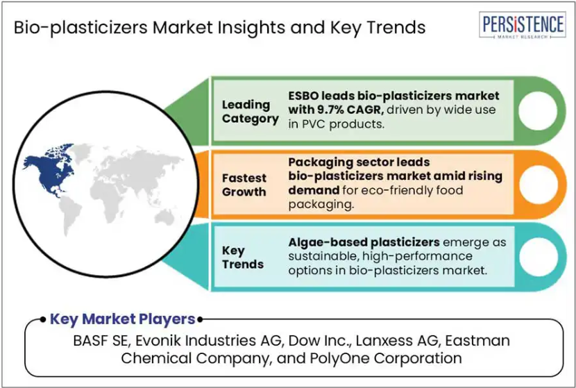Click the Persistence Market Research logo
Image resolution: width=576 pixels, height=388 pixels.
tap(523, 24)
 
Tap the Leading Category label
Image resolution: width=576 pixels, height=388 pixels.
tap(250, 112)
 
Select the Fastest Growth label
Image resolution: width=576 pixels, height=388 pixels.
tap(244, 185)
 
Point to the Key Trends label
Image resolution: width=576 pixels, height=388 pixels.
tap(243, 258)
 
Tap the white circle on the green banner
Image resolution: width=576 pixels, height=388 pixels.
tap(537, 110)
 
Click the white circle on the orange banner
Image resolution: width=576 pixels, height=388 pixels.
tap(538, 185)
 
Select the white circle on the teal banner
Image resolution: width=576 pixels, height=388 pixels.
tap(539, 258)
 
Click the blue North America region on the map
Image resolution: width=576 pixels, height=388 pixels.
tap(49, 169)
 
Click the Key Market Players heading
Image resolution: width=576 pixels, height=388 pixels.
tap(122, 319)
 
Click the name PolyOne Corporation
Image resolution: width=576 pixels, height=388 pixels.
tap(386, 358)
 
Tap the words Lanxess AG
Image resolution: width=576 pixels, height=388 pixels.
tap(397, 341)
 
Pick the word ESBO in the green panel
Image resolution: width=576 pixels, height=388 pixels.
tap(303, 96)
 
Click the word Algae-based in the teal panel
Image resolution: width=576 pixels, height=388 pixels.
tap(328, 242)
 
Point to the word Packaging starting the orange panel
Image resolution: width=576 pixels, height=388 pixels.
tap(321, 162)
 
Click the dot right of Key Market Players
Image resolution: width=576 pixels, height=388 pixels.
tap(200, 320)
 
